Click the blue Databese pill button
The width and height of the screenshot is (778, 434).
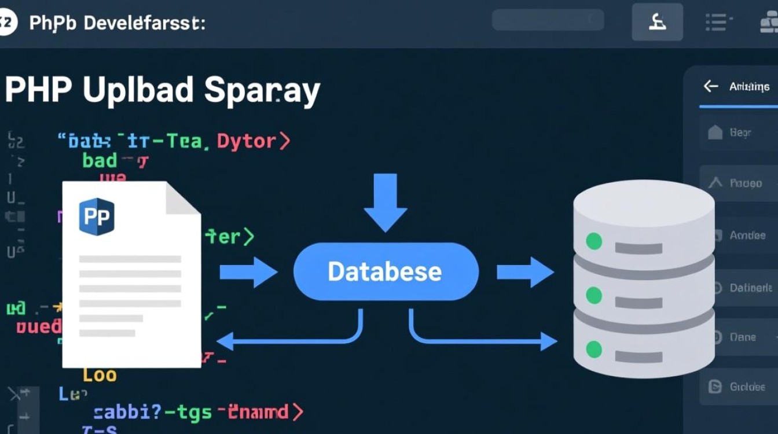385,271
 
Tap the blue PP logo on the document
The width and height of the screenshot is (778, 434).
97,216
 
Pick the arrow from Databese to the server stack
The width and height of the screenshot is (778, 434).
524,272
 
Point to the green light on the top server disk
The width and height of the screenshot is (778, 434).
594,241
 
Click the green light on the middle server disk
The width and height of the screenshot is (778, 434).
594,295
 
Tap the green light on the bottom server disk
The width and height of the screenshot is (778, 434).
594,348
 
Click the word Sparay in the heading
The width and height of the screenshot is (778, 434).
262,91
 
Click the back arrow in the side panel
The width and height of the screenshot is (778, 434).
710,86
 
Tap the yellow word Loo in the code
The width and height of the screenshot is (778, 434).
100,375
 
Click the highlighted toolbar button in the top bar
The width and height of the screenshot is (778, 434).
658,22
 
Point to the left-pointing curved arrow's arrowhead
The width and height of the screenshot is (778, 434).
223,341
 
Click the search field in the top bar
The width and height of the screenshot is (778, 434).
548,20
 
